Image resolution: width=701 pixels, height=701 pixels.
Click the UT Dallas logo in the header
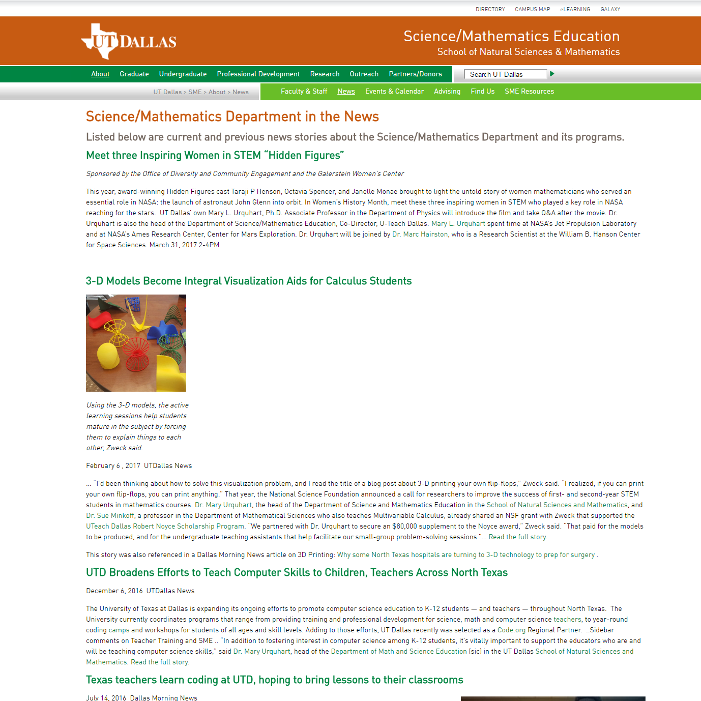coord(129,41)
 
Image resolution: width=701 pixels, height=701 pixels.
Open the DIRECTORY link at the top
coord(490,9)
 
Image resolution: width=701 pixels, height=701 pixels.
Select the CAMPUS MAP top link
coord(532,9)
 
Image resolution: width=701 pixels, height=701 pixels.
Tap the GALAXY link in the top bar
coord(610,9)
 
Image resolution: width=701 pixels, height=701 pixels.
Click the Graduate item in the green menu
coord(134,74)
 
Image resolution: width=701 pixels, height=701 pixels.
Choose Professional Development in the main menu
coord(258,74)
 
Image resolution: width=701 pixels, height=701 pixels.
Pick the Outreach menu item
coord(364,74)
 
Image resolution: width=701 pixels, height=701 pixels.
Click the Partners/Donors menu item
coord(415,74)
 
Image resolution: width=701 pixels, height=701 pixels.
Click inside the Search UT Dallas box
coord(505,74)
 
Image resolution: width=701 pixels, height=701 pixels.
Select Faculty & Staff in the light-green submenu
coord(304,91)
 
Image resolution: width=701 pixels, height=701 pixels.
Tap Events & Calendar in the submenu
coord(394,91)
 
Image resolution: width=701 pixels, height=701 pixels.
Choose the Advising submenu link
coord(447,91)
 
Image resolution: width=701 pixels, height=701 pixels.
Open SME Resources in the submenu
coord(529,91)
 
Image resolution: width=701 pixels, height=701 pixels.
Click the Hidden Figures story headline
coord(215,155)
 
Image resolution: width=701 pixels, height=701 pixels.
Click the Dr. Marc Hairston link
coord(420,235)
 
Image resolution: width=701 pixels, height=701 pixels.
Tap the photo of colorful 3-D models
coord(136,343)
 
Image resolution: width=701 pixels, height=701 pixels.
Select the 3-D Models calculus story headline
coord(249,281)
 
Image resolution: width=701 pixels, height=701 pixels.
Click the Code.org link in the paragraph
coord(511,630)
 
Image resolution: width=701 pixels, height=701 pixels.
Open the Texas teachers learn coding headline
coord(274,680)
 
